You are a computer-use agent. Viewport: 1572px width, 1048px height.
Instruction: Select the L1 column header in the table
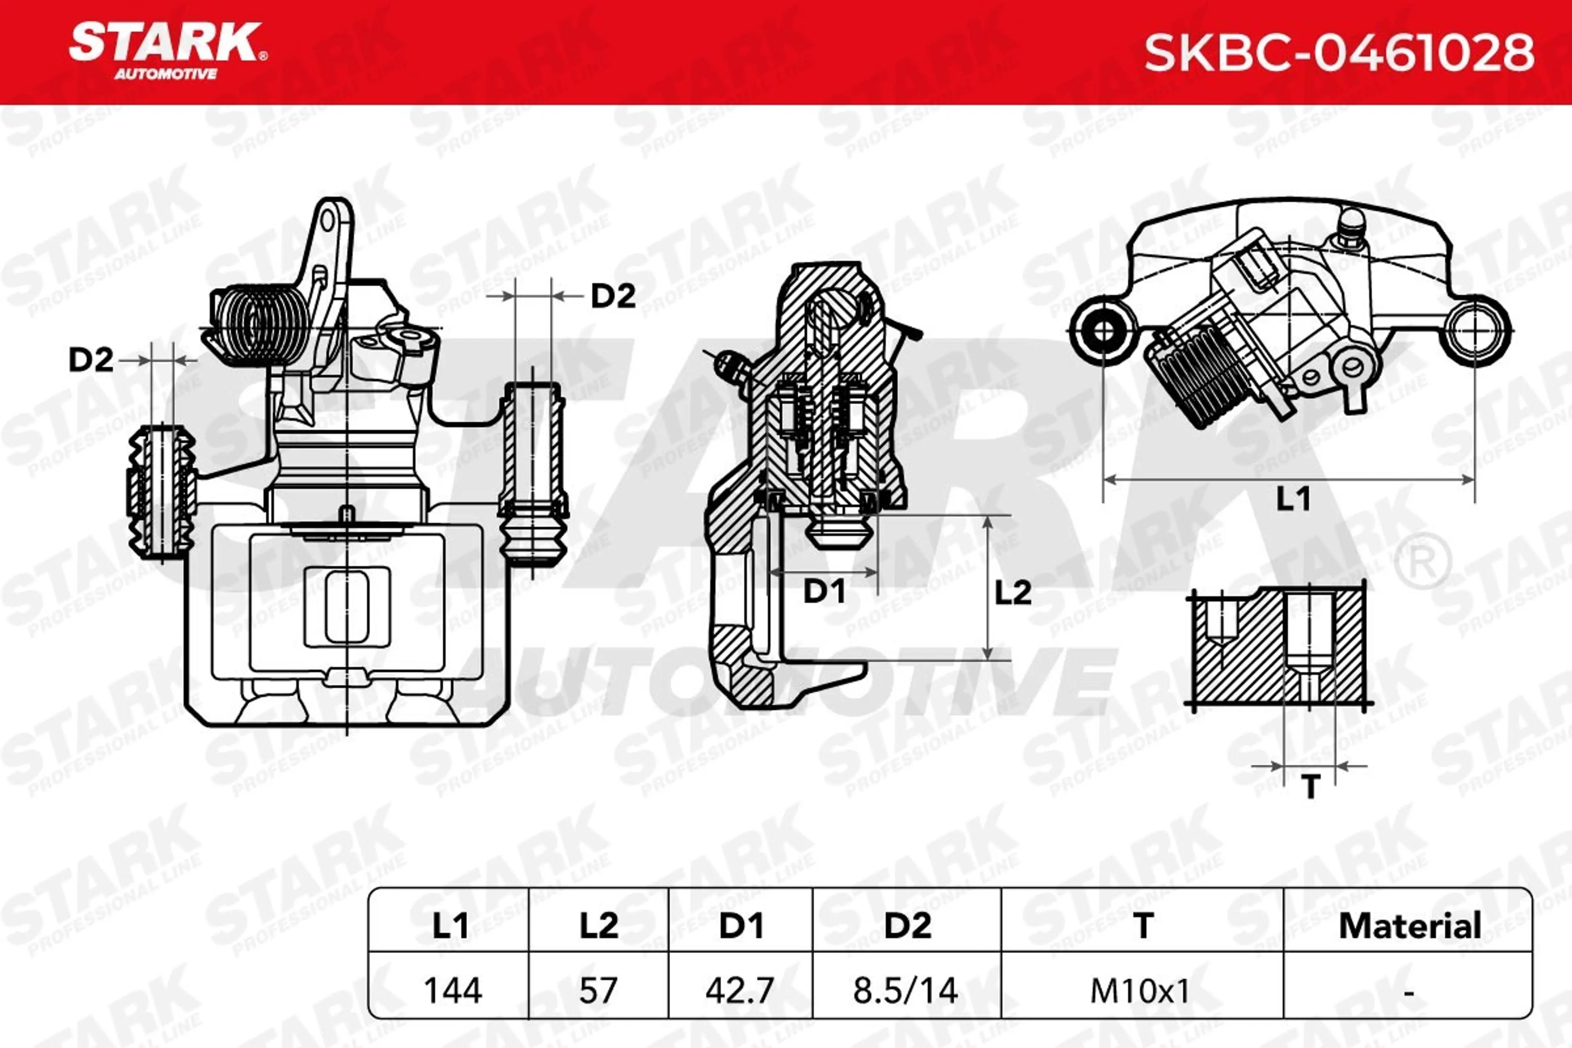tap(450, 926)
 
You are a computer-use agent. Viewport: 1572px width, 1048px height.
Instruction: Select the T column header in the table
tap(1143, 926)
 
